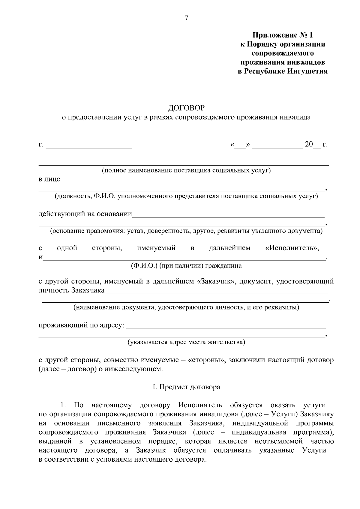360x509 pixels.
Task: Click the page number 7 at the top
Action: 186,18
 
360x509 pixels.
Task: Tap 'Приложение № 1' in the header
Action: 282,35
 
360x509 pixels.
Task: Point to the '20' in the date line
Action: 309,145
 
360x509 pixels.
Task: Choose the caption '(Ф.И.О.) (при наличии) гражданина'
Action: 186,266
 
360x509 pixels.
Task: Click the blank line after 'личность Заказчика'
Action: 217,292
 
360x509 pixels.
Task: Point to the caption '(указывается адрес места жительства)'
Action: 186,342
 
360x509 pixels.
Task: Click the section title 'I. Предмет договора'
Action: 186,387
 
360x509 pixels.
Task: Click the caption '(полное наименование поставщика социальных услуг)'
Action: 186,171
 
